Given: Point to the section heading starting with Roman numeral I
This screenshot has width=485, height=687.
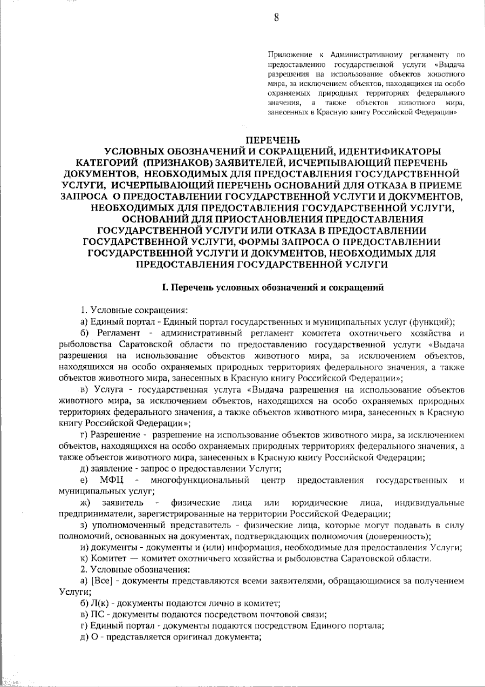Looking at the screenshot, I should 272,288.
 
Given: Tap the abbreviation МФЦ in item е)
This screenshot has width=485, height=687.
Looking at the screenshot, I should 112,481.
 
